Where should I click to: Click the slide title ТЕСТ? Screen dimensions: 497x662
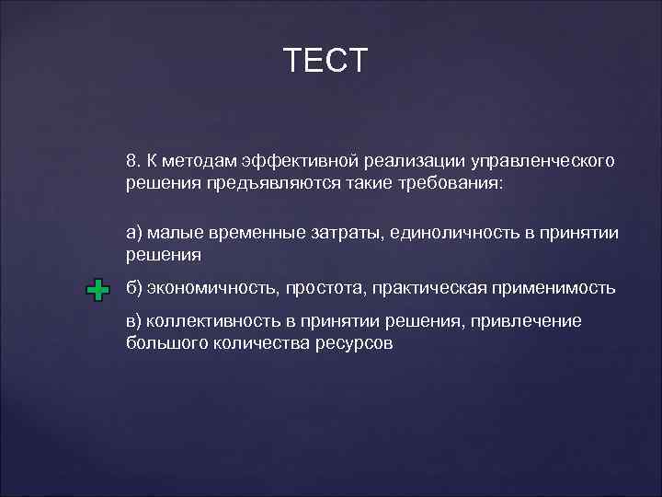click(325, 61)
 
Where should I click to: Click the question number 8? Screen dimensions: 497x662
click(132, 161)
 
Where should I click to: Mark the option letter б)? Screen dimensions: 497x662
click(135, 289)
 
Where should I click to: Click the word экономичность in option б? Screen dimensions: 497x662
click(200, 289)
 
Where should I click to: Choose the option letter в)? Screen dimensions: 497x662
click(135, 322)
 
